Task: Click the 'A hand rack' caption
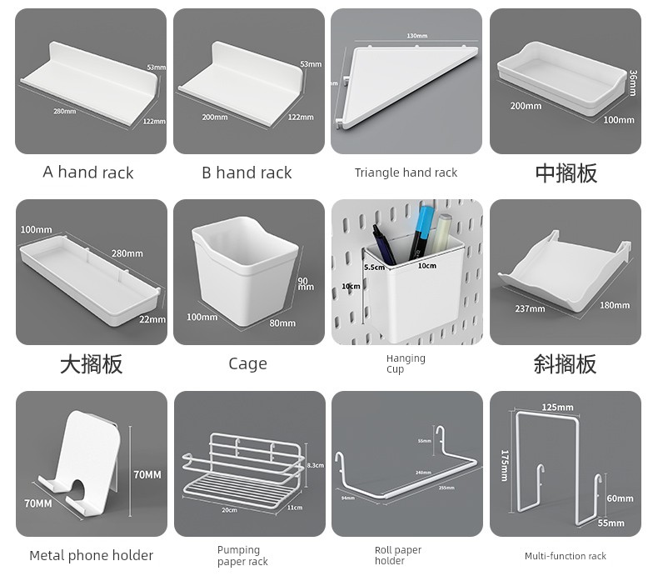click(x=88, y=173)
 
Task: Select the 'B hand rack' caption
click(x=247, y=173)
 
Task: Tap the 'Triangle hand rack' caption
click(x=406, y=173)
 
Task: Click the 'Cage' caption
click(x=247, y=363)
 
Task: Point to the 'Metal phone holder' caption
click(x=91, y=555)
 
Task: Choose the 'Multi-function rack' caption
click(x=565, y=556)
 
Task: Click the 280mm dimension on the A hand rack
click(x=64, y=110)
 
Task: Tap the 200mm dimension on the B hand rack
click(x=214, y=118)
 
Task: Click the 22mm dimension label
click(x=152, y=319)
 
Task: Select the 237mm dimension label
click(x=530, y=309)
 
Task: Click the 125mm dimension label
click(x=557, y=408)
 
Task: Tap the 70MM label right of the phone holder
click(x=147, y=474)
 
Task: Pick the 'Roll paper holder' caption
click(x=397, y=555)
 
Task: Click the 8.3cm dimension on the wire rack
click(x=315, y=465)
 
